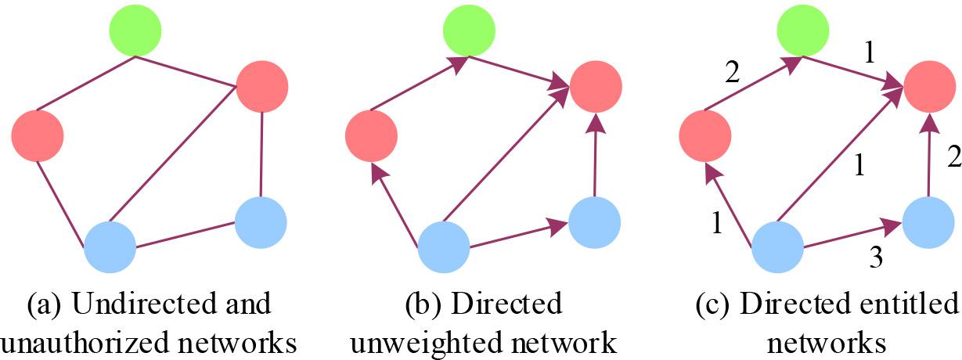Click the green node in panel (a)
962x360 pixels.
(x=135, y=31)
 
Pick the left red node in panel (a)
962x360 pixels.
(x=37, y=135)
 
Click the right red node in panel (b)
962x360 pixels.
(x=596, y=85)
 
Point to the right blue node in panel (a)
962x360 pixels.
(x=261, y=222)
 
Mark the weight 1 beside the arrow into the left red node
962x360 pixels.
(x=717, y=221)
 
